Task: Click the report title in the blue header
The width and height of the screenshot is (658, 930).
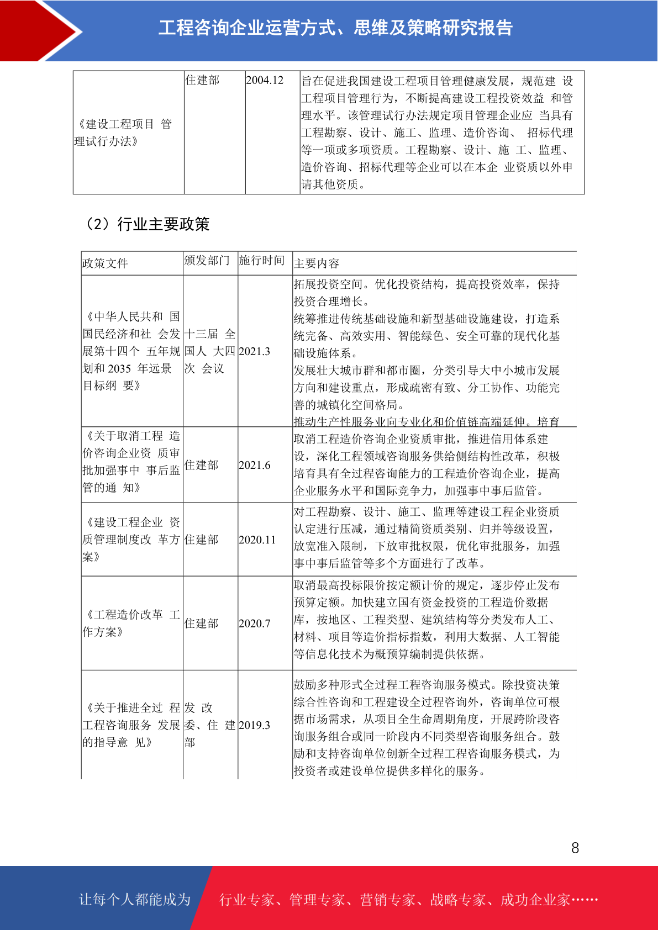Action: click(x=335, y=28)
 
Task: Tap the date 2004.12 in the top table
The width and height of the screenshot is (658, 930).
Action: click(x=265, y=81)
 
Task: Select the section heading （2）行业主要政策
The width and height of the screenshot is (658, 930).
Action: click(x=146, y=224)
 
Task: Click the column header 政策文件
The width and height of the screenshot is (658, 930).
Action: click(x=105, y=263)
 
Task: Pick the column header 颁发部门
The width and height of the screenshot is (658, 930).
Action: click(x=207, y=261)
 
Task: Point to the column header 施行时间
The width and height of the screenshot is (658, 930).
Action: click(x=262, y=261)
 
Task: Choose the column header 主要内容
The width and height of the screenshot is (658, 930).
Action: click(x=317, y=263)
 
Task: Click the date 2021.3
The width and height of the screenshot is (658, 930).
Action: click(x=255, y=351)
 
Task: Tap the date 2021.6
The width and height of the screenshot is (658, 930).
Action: click(x=255, y=465)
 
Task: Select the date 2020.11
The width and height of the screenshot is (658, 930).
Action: click(x=257, y=540)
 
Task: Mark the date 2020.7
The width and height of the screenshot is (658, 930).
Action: click(x=255, y=623)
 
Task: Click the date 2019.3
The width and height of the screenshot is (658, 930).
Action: click(x=255, y=725)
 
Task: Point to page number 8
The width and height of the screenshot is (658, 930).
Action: click(x=575, y=848)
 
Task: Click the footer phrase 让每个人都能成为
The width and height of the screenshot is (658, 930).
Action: click(x=135, y=900)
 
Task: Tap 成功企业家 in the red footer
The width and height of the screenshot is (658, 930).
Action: click(x=535, y=900)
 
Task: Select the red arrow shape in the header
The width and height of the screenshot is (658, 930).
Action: click(x=39, y=30)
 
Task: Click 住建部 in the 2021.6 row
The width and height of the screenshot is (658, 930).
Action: click(x=202, y=465)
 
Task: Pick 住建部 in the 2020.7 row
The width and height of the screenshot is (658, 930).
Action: click(x=202, y=623)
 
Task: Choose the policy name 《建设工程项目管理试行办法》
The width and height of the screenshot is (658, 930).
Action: click(x=124, y=133)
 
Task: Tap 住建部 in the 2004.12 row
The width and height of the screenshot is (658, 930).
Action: click(x=202, y=81)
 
